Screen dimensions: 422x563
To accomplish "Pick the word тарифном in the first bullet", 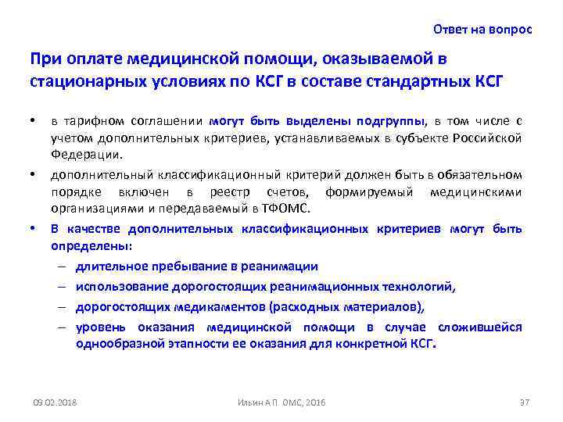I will tap(91, 121).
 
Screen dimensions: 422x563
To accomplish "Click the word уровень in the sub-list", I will tap(99, 327).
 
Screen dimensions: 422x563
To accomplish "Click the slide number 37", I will tap(525, 402).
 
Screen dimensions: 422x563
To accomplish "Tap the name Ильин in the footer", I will tap(249, 402).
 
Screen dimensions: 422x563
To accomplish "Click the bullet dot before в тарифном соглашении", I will tap(32, 121).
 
